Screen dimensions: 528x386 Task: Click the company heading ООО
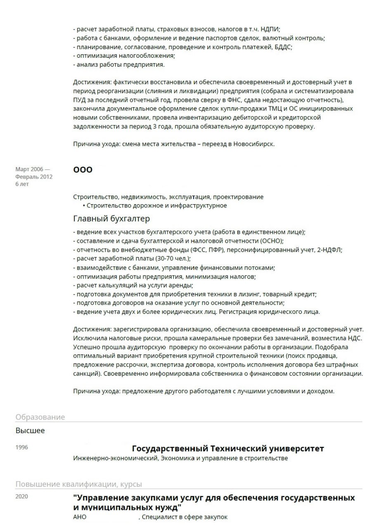click(83, 170)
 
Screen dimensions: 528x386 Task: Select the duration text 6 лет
click(22, 184)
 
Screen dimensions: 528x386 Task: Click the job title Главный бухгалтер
click(111, 218)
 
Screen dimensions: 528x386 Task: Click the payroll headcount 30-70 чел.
click(173, 259)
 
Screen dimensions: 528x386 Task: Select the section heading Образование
click(40, 417)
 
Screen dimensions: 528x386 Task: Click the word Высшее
click(30, 431)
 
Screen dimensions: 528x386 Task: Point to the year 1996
click(21, 448)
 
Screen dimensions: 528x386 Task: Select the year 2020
click(21, 497)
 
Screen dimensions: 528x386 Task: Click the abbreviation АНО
click(80, 517)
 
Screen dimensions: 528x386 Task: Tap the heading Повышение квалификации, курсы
click(79, 484)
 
